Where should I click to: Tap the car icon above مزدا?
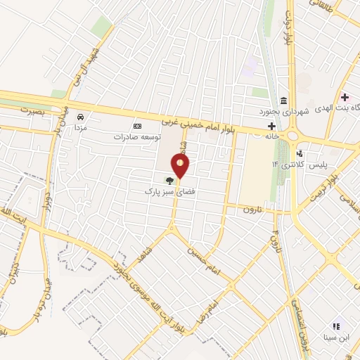[81, 117]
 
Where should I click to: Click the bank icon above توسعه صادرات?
[136, 126]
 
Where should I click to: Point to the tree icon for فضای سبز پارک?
[167, 181]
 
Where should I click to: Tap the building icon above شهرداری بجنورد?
[283, 99]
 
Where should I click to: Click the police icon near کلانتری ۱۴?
[300, 153]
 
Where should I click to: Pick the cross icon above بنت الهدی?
[344, 96]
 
